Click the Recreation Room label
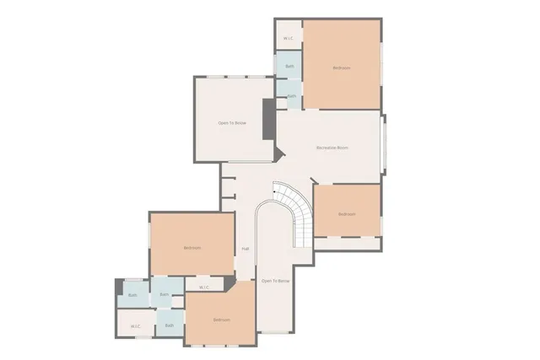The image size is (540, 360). tap(332, 148)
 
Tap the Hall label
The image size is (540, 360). tap(246, 249)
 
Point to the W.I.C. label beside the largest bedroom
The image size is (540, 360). tap(288, 38)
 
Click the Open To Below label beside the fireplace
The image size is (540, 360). tap(232, 123)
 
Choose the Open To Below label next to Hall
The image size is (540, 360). tap(275, 281)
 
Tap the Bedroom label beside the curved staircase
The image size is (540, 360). tap(347, 214)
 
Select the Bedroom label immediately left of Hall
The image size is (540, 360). tap(192, 248)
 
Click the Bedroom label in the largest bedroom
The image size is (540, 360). tap(341, 67)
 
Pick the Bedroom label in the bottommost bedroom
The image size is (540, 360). tap(221, 320)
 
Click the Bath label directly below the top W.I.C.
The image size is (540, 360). tap(289, 66)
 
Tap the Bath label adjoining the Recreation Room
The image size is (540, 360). tap(291, 96)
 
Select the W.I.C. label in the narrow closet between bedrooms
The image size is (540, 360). tap(204, 287)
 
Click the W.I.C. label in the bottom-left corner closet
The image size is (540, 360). tap(135, 325)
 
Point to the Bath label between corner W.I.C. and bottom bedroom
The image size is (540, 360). tap(169, 325)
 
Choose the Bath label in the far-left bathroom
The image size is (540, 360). tap(132, 295)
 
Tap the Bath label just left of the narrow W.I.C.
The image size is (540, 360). tap(165, 294)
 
